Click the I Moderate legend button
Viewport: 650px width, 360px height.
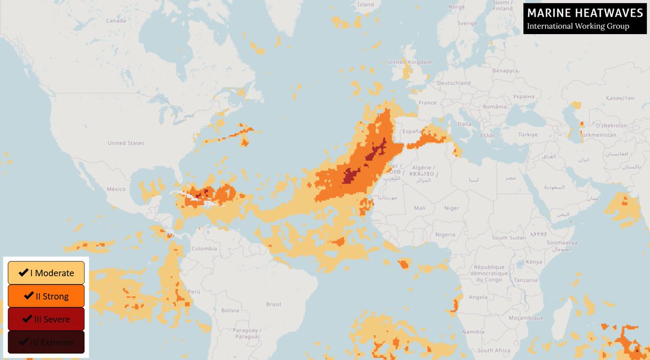(x=46, y=273)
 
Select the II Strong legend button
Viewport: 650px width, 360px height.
(x=46, y=296)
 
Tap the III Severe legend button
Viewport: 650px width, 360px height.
(x=46, y=319)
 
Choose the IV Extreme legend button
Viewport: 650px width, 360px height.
(x=46, y=342)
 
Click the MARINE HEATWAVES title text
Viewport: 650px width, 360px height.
(x=578, y=12)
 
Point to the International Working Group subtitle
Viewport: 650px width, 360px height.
(x=578, y=27)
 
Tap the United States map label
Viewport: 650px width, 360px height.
(x=126, y=143)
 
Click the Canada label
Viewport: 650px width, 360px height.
(x=116, y=21)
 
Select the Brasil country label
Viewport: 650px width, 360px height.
(x=274, y=304)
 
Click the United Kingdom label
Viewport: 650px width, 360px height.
(x=410, y=62)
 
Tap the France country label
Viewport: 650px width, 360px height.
(x=427, y=102)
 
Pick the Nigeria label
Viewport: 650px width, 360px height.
(x=445, y=234)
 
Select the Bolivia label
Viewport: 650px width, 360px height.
(x=230, y=310)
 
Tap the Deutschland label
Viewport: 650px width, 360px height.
(x=453, y=83)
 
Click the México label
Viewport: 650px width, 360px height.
(x=116, y=189)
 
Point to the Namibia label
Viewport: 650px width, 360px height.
(x=473, y=331)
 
